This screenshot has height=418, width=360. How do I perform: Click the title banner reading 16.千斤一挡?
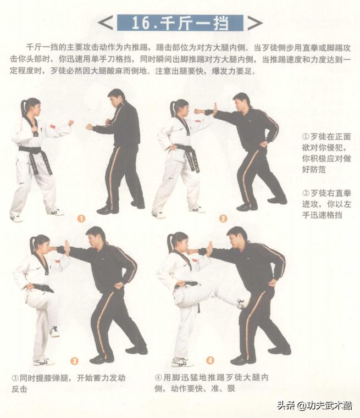coord(180,23)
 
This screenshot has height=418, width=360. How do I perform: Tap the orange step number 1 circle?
coord(81,218)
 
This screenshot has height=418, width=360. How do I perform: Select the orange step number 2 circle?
coord(223,218)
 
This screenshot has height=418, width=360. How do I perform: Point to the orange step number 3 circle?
coord(74,361)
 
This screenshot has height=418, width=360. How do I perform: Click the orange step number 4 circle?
coord(210,361)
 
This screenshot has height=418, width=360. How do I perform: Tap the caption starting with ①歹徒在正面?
coord(326,153)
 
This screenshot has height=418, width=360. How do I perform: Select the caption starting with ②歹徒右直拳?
coord(326,204)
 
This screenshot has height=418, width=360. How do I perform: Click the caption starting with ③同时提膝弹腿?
coord(69,383)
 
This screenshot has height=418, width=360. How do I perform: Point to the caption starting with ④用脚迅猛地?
coord(212,383)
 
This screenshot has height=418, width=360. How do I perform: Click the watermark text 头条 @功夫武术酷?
coord(314,406)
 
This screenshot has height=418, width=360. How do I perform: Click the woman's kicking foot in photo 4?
coord(241,303)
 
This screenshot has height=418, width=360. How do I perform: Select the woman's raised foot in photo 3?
coord(54,331)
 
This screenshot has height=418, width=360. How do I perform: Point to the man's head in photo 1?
coord(116,99)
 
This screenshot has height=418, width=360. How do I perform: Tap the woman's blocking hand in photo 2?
coord(214,108)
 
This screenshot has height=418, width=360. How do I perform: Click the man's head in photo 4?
coord(237,238)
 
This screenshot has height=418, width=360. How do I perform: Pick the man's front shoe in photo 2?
coord(246,207)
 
